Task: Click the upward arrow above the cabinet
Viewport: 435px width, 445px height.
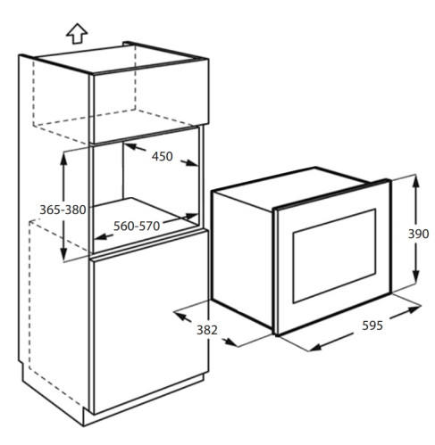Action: (x=77, y=34)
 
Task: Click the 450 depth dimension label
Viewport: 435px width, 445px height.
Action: (x=163, y=157)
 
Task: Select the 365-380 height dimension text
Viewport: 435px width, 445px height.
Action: (x=63, y=210)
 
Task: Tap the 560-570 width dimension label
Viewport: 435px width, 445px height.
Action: (x=137, y=227)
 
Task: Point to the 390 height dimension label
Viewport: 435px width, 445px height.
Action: (x=418, y=235)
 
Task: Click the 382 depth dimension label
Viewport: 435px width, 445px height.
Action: (x=207, y=330)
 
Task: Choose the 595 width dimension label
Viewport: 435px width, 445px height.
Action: (x=372, y=326)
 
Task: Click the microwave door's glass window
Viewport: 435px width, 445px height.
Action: (x=334, y=256)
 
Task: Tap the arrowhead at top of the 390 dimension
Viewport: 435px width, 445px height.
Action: (x=416, y=181)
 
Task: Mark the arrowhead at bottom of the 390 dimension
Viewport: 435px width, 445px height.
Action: (x=416, y=277)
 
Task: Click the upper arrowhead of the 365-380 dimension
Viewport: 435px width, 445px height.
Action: (x=63, y=160)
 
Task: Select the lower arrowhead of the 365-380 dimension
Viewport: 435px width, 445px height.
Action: (x=63, y=255)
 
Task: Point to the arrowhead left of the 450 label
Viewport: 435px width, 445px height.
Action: (x=130, y=146)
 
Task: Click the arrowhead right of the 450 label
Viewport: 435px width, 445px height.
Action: (x=191, y=163)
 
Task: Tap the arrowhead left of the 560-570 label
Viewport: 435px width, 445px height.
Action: (x=101, y=236)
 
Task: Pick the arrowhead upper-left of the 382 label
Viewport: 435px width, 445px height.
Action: (x=181, y=316)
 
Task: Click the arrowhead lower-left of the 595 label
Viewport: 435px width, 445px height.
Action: (x=315, y=347)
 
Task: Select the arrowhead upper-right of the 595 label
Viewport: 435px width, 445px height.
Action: (x=414, y=309)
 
